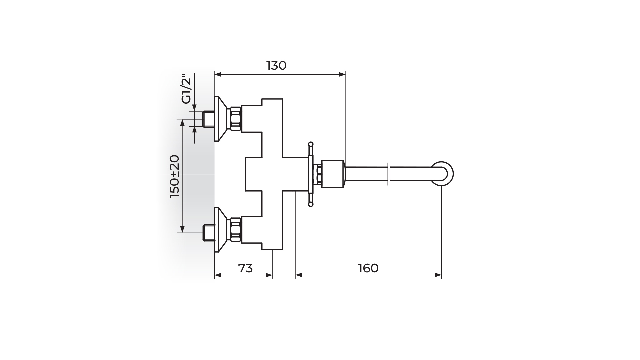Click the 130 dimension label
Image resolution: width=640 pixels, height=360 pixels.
click(x=276, y=66)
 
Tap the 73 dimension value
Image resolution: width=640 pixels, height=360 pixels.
click(x=245, y=268)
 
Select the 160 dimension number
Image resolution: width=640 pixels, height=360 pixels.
click(x=368, y=268)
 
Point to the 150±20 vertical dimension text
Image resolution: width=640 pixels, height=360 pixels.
click(x=175, y=176)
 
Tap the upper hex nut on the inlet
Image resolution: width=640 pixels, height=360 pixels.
click(x=235, y=119)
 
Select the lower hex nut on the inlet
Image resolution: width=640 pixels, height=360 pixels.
click(x=235, y=230)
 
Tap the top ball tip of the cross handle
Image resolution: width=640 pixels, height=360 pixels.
click(x=311, y=144)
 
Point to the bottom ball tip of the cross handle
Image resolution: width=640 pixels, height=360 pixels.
click(x=311, y=205)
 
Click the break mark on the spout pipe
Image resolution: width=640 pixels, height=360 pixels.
click(x=389, y=174)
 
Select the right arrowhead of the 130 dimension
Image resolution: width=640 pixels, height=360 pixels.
click(x=342, y=75)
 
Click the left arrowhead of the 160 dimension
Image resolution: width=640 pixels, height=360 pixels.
click(x=299, y=275)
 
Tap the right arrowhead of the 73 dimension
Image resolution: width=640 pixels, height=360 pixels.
click(x=269, y=275)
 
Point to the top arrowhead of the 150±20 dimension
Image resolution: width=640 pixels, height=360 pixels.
click(x=182, y=123)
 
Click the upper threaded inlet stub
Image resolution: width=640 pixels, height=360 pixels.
click(x=209, y=119)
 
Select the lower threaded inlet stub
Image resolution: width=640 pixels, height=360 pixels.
click(x=209, y=233)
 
